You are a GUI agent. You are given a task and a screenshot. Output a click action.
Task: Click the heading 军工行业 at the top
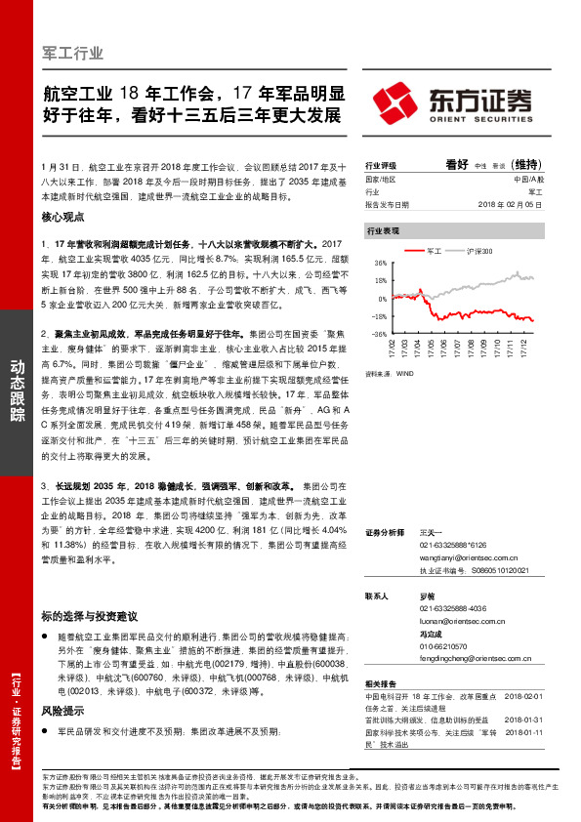pyautogui.click(x=74, y=53)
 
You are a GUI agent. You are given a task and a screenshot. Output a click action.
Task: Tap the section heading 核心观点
pyautogui.click(x=64, y=220)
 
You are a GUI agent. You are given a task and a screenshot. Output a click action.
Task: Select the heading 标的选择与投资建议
pyautogui.click(x=89, y=616)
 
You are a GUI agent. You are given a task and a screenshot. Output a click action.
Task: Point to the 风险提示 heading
pyautogui.click(x=64, y=713)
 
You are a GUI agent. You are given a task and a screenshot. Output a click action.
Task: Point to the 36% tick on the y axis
pyautogui.click(x=380, y=263)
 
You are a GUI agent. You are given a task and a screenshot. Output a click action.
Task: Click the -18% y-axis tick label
pyautogui.click(x=379, y=315)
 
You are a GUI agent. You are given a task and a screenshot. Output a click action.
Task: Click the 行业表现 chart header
pyautogui.click(x=383, y=231)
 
